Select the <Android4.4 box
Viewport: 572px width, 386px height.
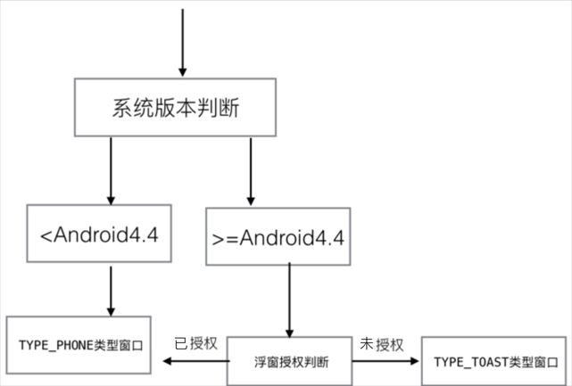[x=99, y=235]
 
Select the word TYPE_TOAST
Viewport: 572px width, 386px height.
[x=466, y=362]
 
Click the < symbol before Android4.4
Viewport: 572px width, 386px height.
[x=46, y=236]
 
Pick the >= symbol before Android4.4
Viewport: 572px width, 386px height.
[x=223, y=239]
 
